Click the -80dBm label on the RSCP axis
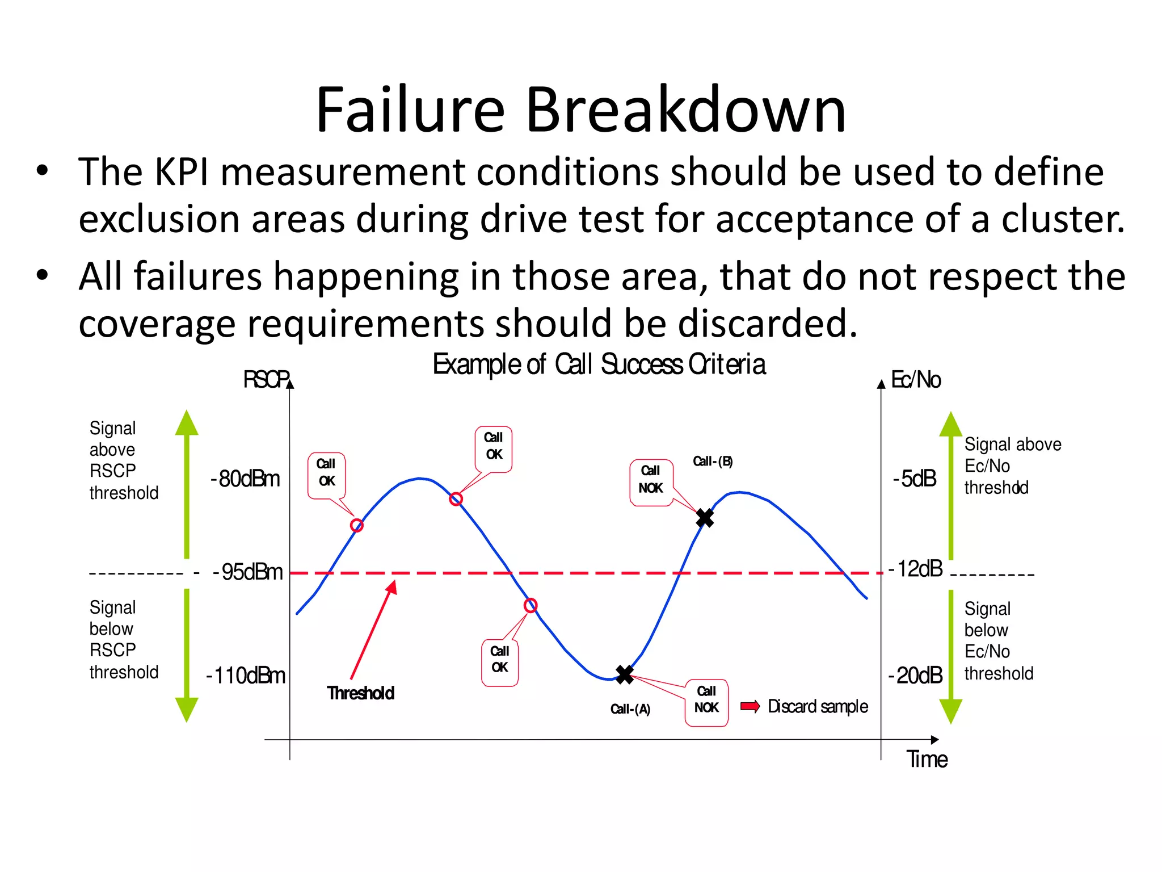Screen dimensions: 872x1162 tap(246, 479)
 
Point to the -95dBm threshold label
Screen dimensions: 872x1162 tap(248, 572)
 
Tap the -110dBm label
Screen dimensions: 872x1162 tap(246, 676)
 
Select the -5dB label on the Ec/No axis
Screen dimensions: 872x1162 tap(915, 479)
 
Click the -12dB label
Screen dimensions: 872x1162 tap(916, 568)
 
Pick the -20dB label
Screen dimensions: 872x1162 tap(915, 675)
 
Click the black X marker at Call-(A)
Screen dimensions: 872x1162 tap(624, 674)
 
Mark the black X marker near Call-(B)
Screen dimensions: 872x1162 tap(705, 518)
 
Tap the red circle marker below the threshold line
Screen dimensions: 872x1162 tap(531, 605)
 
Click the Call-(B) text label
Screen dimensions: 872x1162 tap(713, 461)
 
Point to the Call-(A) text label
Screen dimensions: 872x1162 tap(630, 709)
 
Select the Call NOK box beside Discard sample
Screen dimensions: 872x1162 tap(706, 703)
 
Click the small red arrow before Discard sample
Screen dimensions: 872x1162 tap(750, 706)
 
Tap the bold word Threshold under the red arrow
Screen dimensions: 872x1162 tap(360, 693)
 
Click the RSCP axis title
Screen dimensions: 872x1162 tap(266, 379)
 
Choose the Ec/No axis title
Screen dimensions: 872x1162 tap(916, 379)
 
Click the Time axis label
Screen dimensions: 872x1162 tap(927, 759)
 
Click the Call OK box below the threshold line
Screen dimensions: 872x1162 tap(500, 663)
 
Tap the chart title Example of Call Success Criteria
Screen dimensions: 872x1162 tap(599, 364)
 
